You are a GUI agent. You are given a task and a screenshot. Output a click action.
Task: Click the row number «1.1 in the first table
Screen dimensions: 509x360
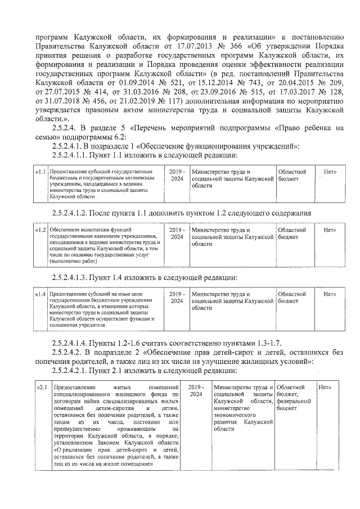40,172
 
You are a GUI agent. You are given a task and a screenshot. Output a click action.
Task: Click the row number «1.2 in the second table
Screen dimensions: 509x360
40,230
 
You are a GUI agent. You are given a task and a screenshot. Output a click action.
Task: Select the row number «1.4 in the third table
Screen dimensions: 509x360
40,294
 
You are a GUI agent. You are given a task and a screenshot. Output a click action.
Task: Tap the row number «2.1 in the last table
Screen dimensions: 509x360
42,388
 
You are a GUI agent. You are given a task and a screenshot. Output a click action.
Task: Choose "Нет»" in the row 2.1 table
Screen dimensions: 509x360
326,388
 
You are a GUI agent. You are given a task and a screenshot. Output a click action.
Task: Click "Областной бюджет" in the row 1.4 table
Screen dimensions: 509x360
291,298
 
